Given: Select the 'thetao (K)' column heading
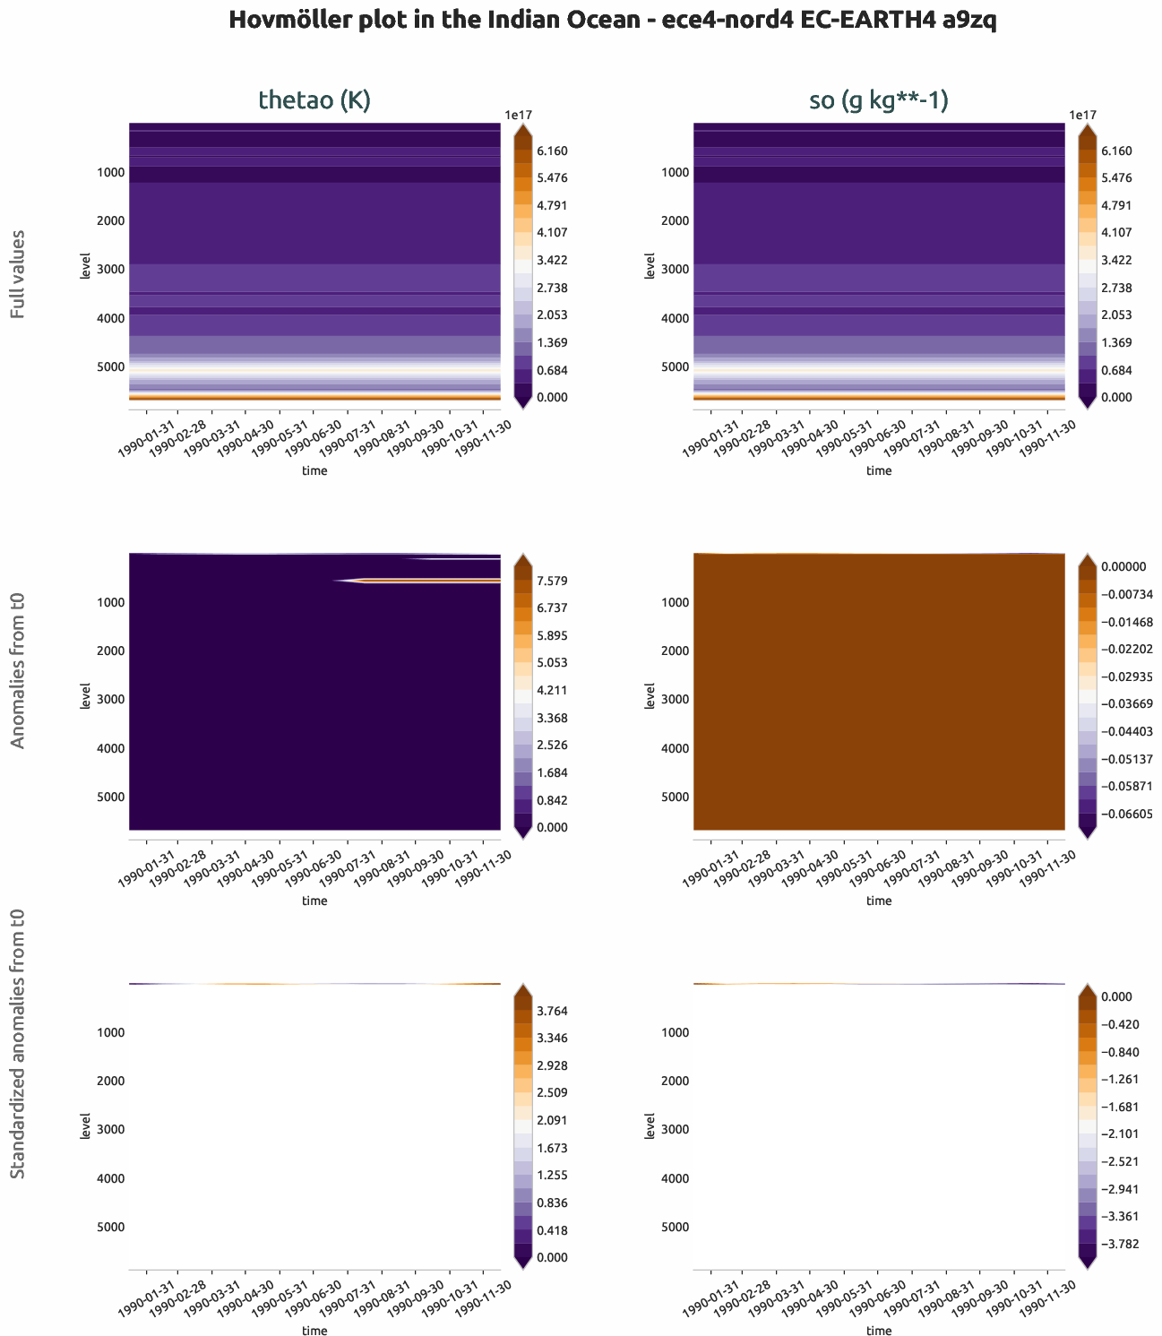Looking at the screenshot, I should coord(314,100).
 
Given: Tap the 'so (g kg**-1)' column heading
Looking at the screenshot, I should coord(879,100).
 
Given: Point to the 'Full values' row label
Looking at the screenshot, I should coord(17,274).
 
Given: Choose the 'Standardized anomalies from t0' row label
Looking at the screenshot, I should coord(17,1043).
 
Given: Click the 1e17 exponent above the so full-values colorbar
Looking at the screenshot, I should coord(1082,115).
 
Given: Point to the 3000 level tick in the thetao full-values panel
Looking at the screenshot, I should coord(111,269).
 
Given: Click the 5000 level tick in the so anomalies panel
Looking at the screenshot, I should coord(676,797).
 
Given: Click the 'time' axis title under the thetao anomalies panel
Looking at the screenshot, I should coord(314,901).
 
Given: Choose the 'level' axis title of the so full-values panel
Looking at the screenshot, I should coord(650,266).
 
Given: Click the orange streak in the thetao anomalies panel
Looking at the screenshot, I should coord(430,581).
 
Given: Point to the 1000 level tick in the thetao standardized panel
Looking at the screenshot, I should coord(111,1032).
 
